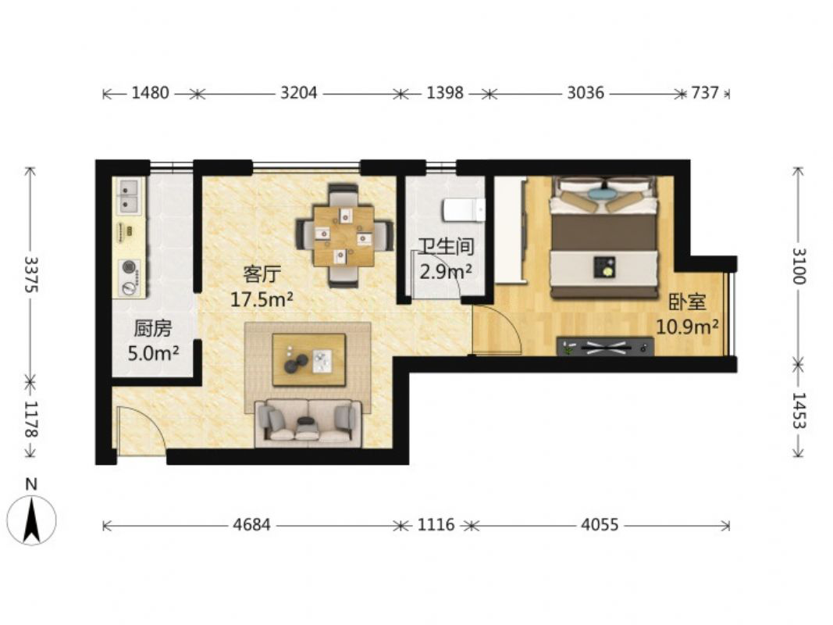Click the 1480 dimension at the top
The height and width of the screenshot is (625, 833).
click(x=151, y=93)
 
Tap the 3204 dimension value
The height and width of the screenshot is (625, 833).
click(x=298, y=93)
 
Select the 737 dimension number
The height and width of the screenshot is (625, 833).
click(x=705, y=93)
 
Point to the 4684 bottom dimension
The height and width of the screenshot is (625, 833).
click(x=252, y=525)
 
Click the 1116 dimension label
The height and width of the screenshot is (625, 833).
click(x=436, y=525)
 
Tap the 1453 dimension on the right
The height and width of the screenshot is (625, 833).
click(x=799, y=410)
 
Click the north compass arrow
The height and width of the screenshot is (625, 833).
click(x=32, y=520)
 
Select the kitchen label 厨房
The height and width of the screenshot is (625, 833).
click(x=152, y=328)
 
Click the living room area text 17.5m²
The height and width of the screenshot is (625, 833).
click(x=262, y=300)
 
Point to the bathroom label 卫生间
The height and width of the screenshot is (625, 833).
click(x=445, y=247)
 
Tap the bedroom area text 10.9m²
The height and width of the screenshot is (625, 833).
click(x=688, y=327)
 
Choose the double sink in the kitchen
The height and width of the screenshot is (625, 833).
click(x=129, y=195)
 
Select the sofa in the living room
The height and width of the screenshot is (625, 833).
click(x=308, y=423)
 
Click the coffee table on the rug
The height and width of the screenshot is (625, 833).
click(x=308, y=359)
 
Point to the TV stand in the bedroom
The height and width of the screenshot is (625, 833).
click(x=605, y=347)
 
